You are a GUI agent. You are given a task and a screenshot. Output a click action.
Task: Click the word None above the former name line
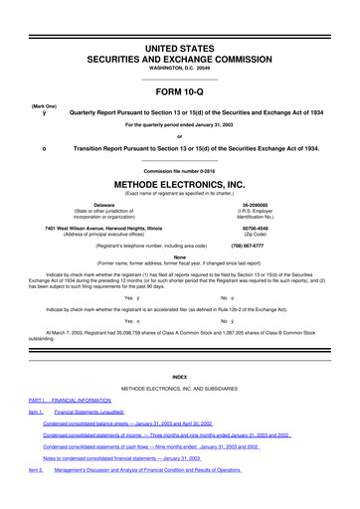[x=179, y=255]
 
